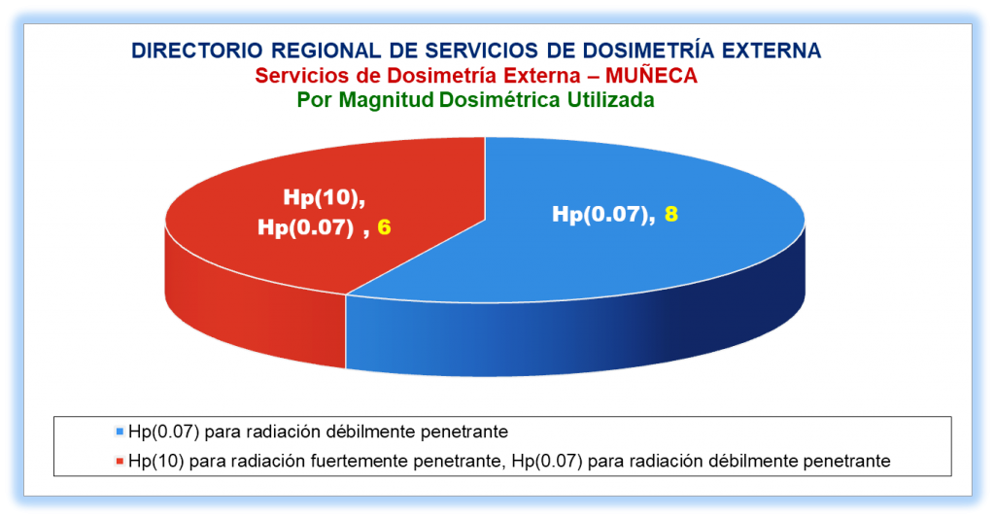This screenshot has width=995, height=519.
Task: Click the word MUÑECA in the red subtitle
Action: (651, 76)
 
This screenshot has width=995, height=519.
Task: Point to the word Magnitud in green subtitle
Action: (387, 100)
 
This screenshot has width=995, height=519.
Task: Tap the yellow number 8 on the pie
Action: (671, 215)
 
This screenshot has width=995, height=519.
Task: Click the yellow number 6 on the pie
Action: (384, 227)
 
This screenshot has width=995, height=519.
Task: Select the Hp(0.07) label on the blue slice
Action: (603, 215)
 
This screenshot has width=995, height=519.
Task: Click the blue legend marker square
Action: (120, 432)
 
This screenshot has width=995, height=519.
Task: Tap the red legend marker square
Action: (120, 461)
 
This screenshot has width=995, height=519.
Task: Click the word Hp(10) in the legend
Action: (156, 461)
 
